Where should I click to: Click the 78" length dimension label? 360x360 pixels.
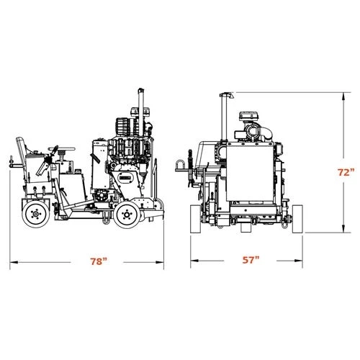[x=99, y=261]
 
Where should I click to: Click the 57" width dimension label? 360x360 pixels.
[x=251, y=260]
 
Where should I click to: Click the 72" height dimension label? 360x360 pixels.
[x=346, y=172]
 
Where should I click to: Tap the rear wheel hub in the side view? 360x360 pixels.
[x=36, y=214]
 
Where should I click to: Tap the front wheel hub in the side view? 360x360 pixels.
[x=127, y=215]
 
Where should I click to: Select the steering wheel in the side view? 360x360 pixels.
[x=62, y=149]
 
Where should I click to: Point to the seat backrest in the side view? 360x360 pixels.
[x=21, y=146]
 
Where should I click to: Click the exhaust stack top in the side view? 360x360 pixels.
[x=141, y=91]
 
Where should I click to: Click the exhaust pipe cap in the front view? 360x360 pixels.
[x=227, y=95]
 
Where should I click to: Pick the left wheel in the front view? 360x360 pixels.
[x=195, y=219]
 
